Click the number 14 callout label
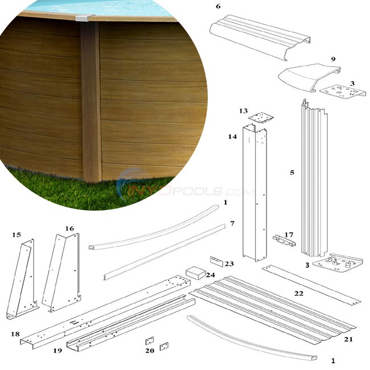point(231,137)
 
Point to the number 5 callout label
point(292,171)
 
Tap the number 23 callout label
point(229,264)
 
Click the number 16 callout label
point(69,228)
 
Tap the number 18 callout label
point(15,334)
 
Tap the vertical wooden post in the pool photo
point(91,102)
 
